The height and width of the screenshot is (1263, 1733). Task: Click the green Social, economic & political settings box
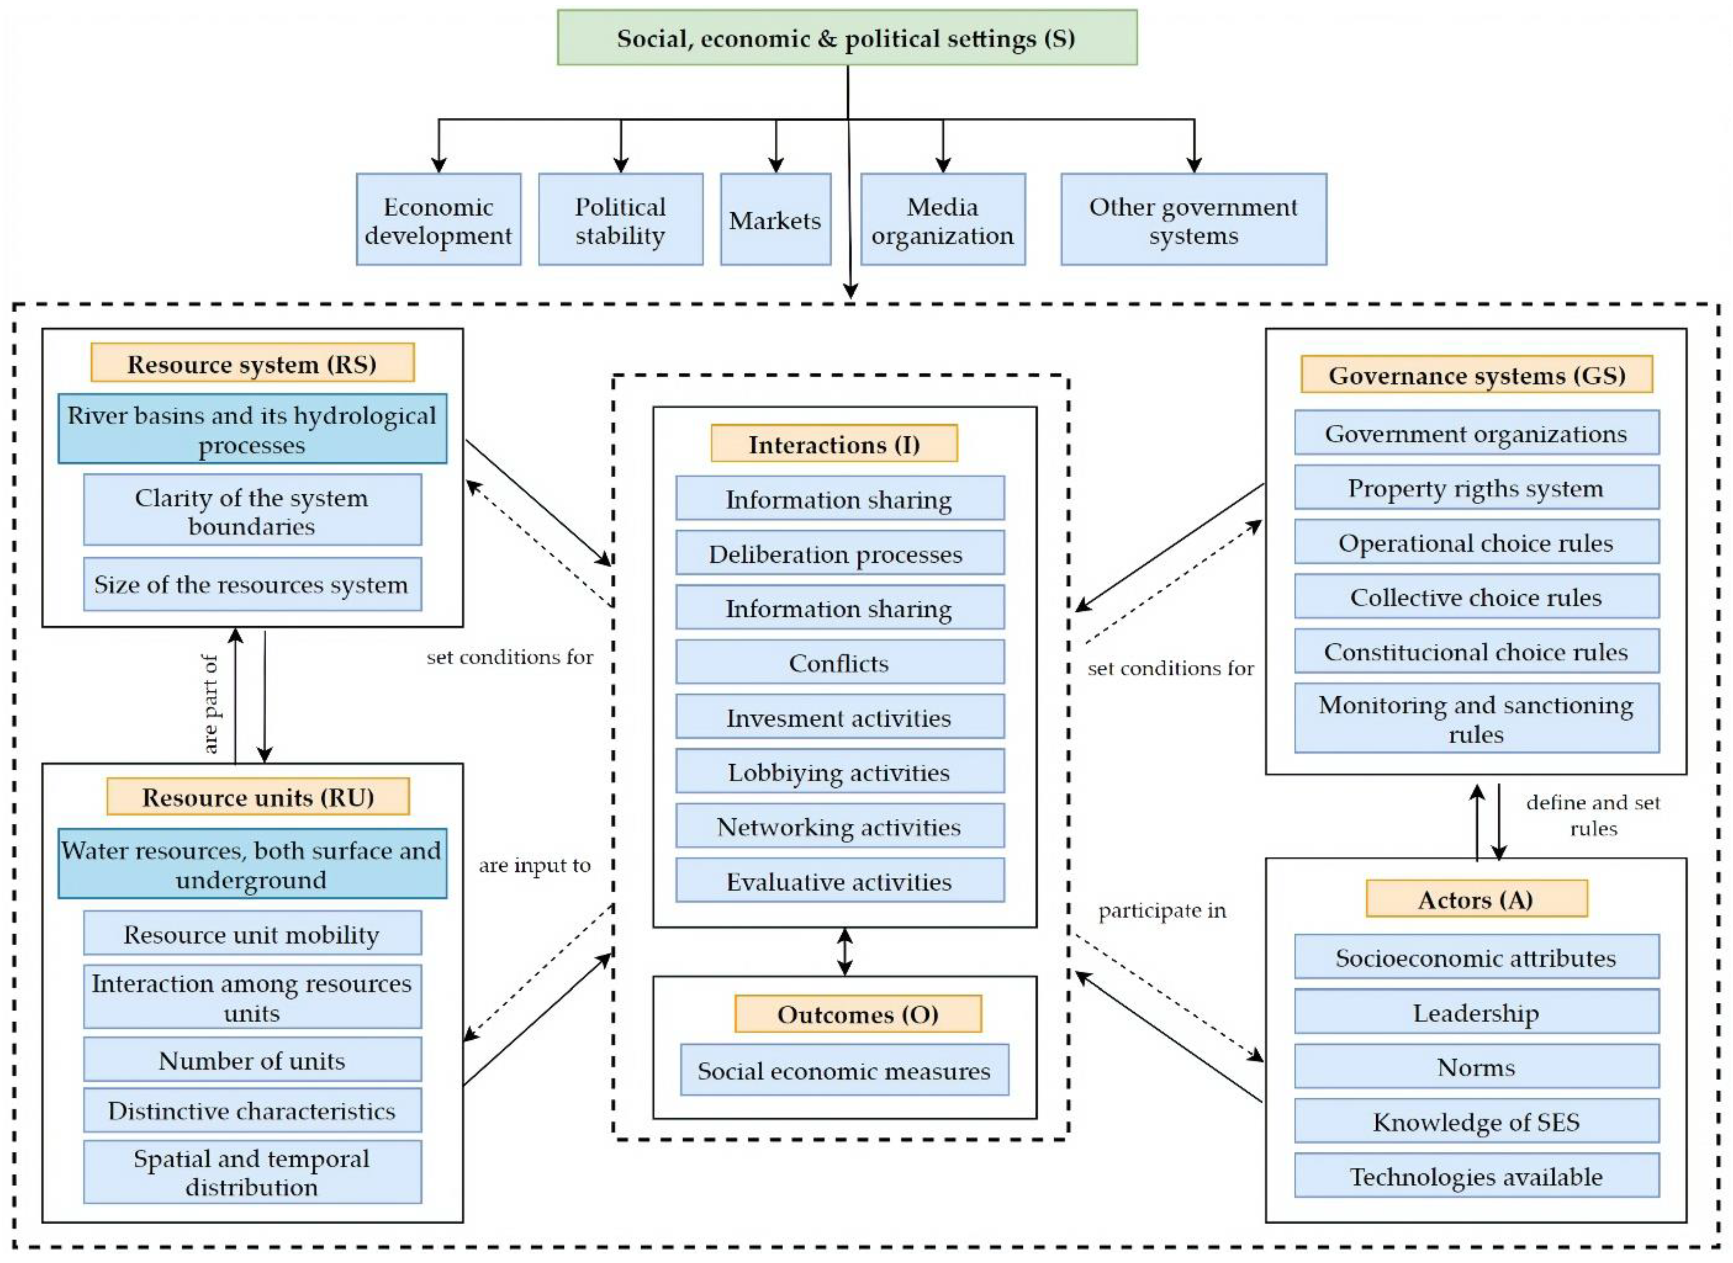[x=847, y=38]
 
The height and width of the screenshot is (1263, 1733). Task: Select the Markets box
[x=775, y=220]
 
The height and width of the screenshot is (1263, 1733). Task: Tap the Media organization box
[x=943, y=220]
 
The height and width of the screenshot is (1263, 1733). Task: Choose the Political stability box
[x=620, y=220]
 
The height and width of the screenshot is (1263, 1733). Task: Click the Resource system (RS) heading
[x=252, y=363]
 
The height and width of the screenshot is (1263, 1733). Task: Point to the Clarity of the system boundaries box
[x=252, y=510]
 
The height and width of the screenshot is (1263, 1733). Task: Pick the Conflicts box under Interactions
[x=840, y=662]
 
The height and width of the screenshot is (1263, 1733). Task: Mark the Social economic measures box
[x=844, y=1070]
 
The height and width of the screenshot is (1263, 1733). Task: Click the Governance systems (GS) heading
[x=1477, y=375]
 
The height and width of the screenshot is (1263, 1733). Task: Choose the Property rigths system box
[x=1477, y=487]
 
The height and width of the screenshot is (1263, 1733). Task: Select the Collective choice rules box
[x=1477, y=596]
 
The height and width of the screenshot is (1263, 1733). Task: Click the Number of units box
[x=252, y=1060]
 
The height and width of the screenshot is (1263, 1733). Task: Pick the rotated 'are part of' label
[x=210, y=704]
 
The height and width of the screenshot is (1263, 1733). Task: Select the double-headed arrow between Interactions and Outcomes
[x=844, y=952]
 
